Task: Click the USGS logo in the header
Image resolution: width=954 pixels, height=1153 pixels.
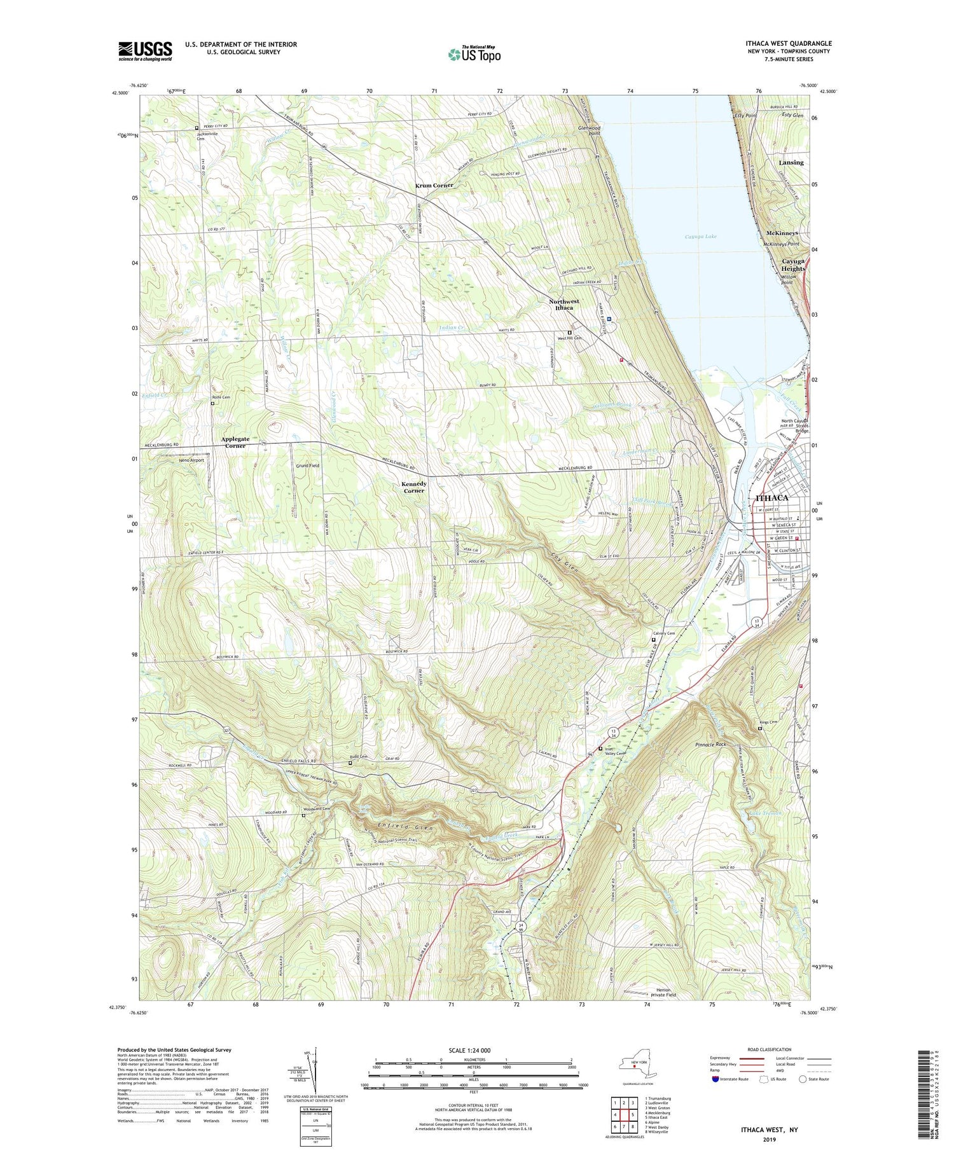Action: coord(145,51)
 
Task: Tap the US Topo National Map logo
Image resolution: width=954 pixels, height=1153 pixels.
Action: coord(474,54)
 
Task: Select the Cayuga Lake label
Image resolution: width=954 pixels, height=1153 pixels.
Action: coord(701,237)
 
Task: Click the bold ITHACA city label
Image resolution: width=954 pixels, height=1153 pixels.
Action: coord(771,497)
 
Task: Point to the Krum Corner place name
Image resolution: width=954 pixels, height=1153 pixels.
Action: coord(434,185)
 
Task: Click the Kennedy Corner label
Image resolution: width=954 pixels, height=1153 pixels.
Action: coord(413,487)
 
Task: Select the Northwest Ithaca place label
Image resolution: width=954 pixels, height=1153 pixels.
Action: coord(564,304)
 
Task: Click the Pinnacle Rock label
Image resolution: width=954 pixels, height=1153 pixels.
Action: coord(711,744)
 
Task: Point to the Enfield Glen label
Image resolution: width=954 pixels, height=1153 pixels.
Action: coord(399,825)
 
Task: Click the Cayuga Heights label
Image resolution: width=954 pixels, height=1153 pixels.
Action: coord(792,265)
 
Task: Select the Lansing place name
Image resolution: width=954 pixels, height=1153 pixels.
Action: coord(791,163)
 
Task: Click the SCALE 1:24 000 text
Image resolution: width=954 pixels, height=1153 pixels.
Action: coord(473,1050)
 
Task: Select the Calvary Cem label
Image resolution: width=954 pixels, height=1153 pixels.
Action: coord(664,633)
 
